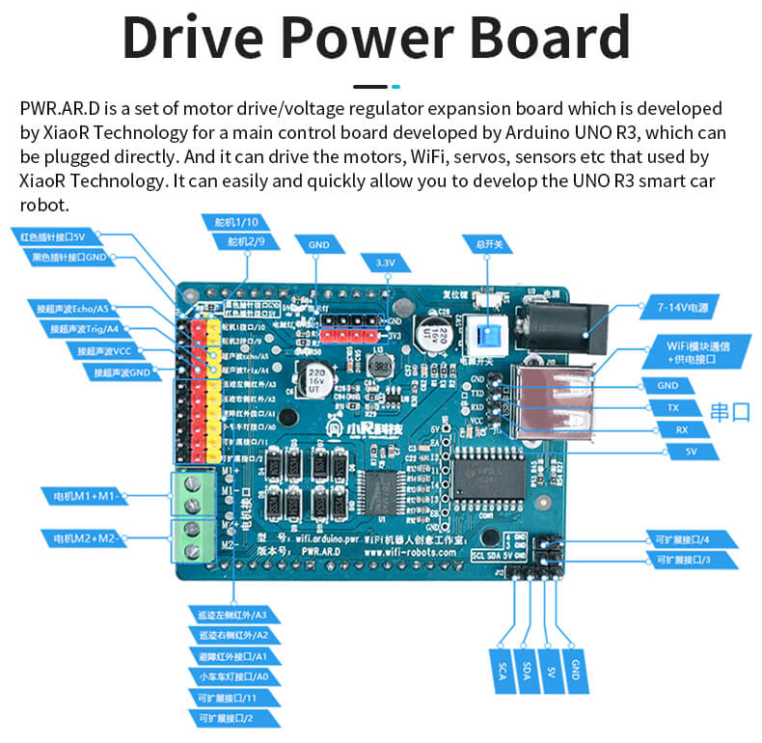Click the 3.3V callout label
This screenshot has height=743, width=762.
[385, 261]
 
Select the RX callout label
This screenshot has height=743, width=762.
[681, 429]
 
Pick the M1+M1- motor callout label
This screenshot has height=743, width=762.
[83, 496]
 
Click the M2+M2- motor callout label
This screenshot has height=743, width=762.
[83, 537]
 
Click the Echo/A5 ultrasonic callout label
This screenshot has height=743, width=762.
[72, 308]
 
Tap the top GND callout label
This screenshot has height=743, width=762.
[319, 245]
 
